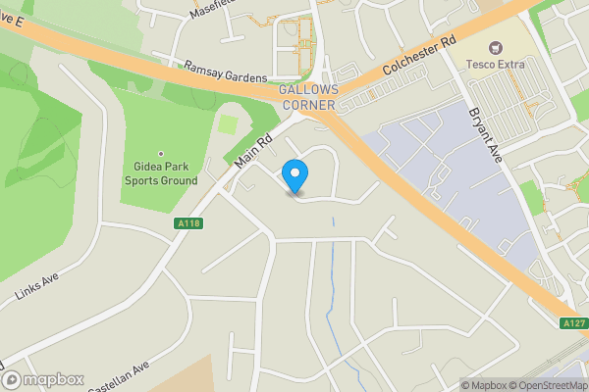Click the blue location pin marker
tap(294, 175)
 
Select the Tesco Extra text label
tap(496, 65)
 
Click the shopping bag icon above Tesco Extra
tap(496, 48)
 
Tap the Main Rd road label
tap(253, 148)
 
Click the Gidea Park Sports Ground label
tap(160, 173)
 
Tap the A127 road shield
tap(573, 323)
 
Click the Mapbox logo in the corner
tap(43, 379)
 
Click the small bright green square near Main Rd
tap(228, 124)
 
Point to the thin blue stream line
tap(334, 294)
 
